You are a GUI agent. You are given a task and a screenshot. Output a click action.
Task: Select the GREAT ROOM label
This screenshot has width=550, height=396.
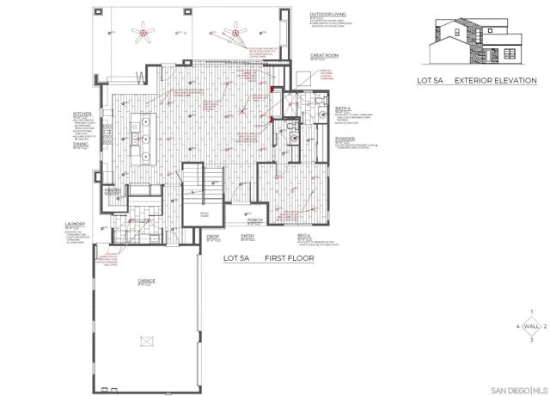(x=323, y=55)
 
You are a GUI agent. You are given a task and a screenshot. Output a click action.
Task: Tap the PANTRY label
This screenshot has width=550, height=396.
(x=112, y=189)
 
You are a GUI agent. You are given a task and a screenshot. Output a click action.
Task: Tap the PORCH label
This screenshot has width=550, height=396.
(x=254, y=220)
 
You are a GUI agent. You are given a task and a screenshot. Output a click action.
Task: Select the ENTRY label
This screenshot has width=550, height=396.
(x=247, y=236)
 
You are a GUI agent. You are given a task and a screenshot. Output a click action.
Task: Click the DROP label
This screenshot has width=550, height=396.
(x=211, y=236)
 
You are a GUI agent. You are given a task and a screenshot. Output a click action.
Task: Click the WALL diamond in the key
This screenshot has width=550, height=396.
(x=533, y=327)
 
